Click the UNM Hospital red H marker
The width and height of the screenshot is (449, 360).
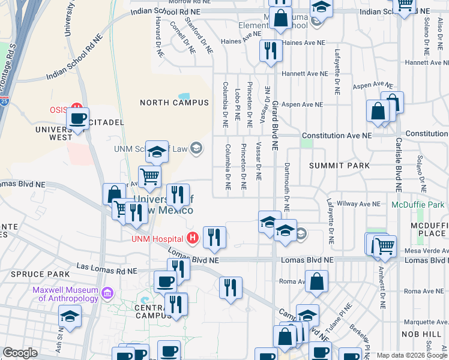click(x=193, y=238)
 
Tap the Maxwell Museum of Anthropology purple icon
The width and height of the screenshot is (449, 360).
click(x=108, y=293)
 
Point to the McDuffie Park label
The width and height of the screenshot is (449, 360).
click(x=418, y=205)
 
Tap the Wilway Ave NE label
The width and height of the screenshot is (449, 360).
click(x=359, y=204)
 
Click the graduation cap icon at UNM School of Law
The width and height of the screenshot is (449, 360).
click(x=157, y=152)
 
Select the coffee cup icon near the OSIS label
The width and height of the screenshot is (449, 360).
click(x=77, y=118)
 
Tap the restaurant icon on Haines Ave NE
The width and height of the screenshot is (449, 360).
click(x=271, y=51)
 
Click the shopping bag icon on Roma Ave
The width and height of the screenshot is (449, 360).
click(x=316, y=281)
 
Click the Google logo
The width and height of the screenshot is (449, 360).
click(x=20, y=353)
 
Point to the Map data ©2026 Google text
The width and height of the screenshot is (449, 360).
click(x=411, y=355)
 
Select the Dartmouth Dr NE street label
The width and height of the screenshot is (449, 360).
click(x=287, y=187)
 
